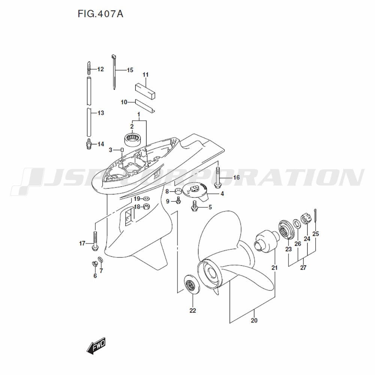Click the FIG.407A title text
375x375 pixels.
click(100, 14)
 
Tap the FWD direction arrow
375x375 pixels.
click(96, 346)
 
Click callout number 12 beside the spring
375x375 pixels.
click(100, 69)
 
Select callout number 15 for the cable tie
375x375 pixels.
click(130, 70)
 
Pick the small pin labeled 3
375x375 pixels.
click(121, 150)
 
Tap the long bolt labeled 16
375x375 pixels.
click(218, 178)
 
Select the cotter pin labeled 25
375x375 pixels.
click(315, 215)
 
